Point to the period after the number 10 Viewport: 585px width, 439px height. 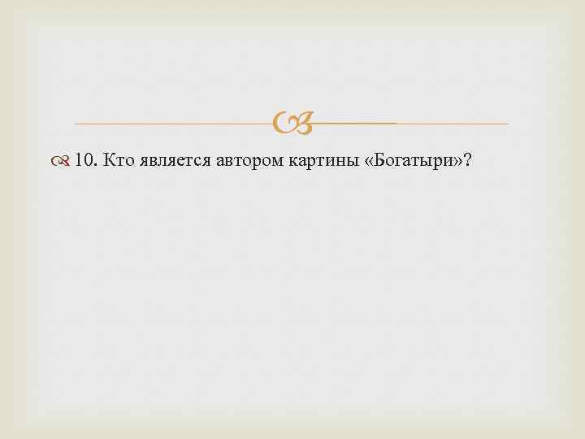click(x=96, y=165)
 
